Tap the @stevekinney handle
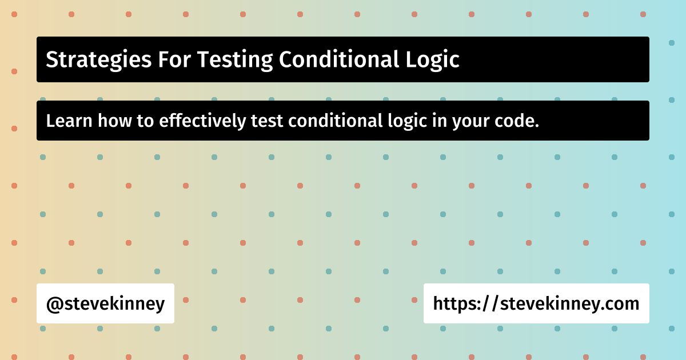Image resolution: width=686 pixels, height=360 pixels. coord(105,303)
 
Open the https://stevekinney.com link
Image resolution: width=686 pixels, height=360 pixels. coord(536,303)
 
